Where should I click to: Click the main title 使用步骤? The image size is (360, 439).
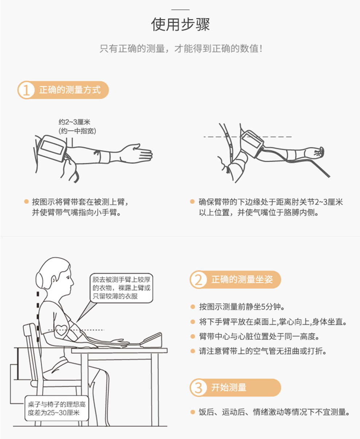point(181,25)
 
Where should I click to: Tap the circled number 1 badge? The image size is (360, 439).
point(26,90)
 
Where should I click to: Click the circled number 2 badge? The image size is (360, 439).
point(199,280)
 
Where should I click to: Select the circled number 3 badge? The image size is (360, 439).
point(199,387)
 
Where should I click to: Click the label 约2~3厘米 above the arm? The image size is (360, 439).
point(74,122)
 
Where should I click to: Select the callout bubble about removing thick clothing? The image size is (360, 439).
point(121,288)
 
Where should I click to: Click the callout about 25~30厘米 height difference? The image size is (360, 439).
point(57,408)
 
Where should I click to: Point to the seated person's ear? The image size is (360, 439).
point(55,280)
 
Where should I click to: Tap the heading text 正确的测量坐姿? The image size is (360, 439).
point(241,280)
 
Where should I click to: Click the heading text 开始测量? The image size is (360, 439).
point(229,387)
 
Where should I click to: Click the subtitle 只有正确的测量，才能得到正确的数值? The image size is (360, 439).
point(181,48)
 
